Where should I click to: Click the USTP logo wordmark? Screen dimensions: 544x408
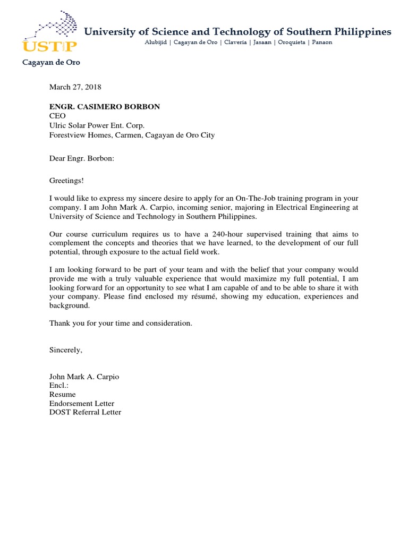(x=49, y=46)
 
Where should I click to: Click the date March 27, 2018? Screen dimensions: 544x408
(x=75, y=87)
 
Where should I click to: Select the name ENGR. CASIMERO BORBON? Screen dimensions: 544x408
(x=105, y=107)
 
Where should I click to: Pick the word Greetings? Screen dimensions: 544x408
(x=66, y=181)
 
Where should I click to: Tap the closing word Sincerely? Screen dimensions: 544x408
(x=66, y=350)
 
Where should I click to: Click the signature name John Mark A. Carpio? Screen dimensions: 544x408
(x=84, y=377)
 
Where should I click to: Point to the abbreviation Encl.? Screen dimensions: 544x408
(x=59, y=386)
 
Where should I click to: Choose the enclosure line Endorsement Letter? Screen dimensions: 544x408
(x=82, y=404)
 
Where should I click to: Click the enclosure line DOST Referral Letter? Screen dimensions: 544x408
(x=85, y=412)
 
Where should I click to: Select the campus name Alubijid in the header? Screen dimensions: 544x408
(x=156, y=42)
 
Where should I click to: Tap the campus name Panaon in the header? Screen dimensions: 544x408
(x=321, y=42)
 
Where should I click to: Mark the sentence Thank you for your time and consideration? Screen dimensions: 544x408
(x=121, y=323)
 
